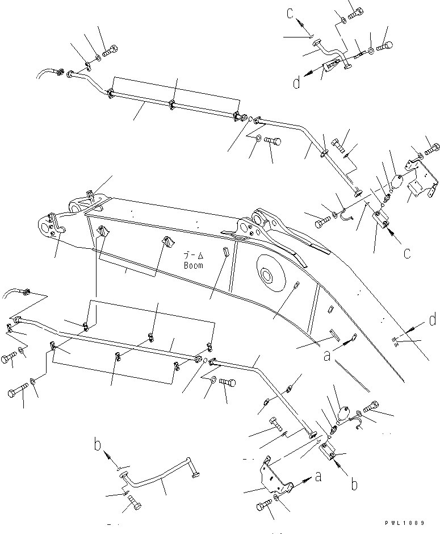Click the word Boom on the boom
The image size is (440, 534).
click(193, 265)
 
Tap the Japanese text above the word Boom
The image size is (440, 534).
click(193, 256)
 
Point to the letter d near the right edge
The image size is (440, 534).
click(433, 320)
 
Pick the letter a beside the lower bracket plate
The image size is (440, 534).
click(319, 476)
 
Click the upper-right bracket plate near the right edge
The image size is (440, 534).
click(421, 181)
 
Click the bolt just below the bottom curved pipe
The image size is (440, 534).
click(133, 503)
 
